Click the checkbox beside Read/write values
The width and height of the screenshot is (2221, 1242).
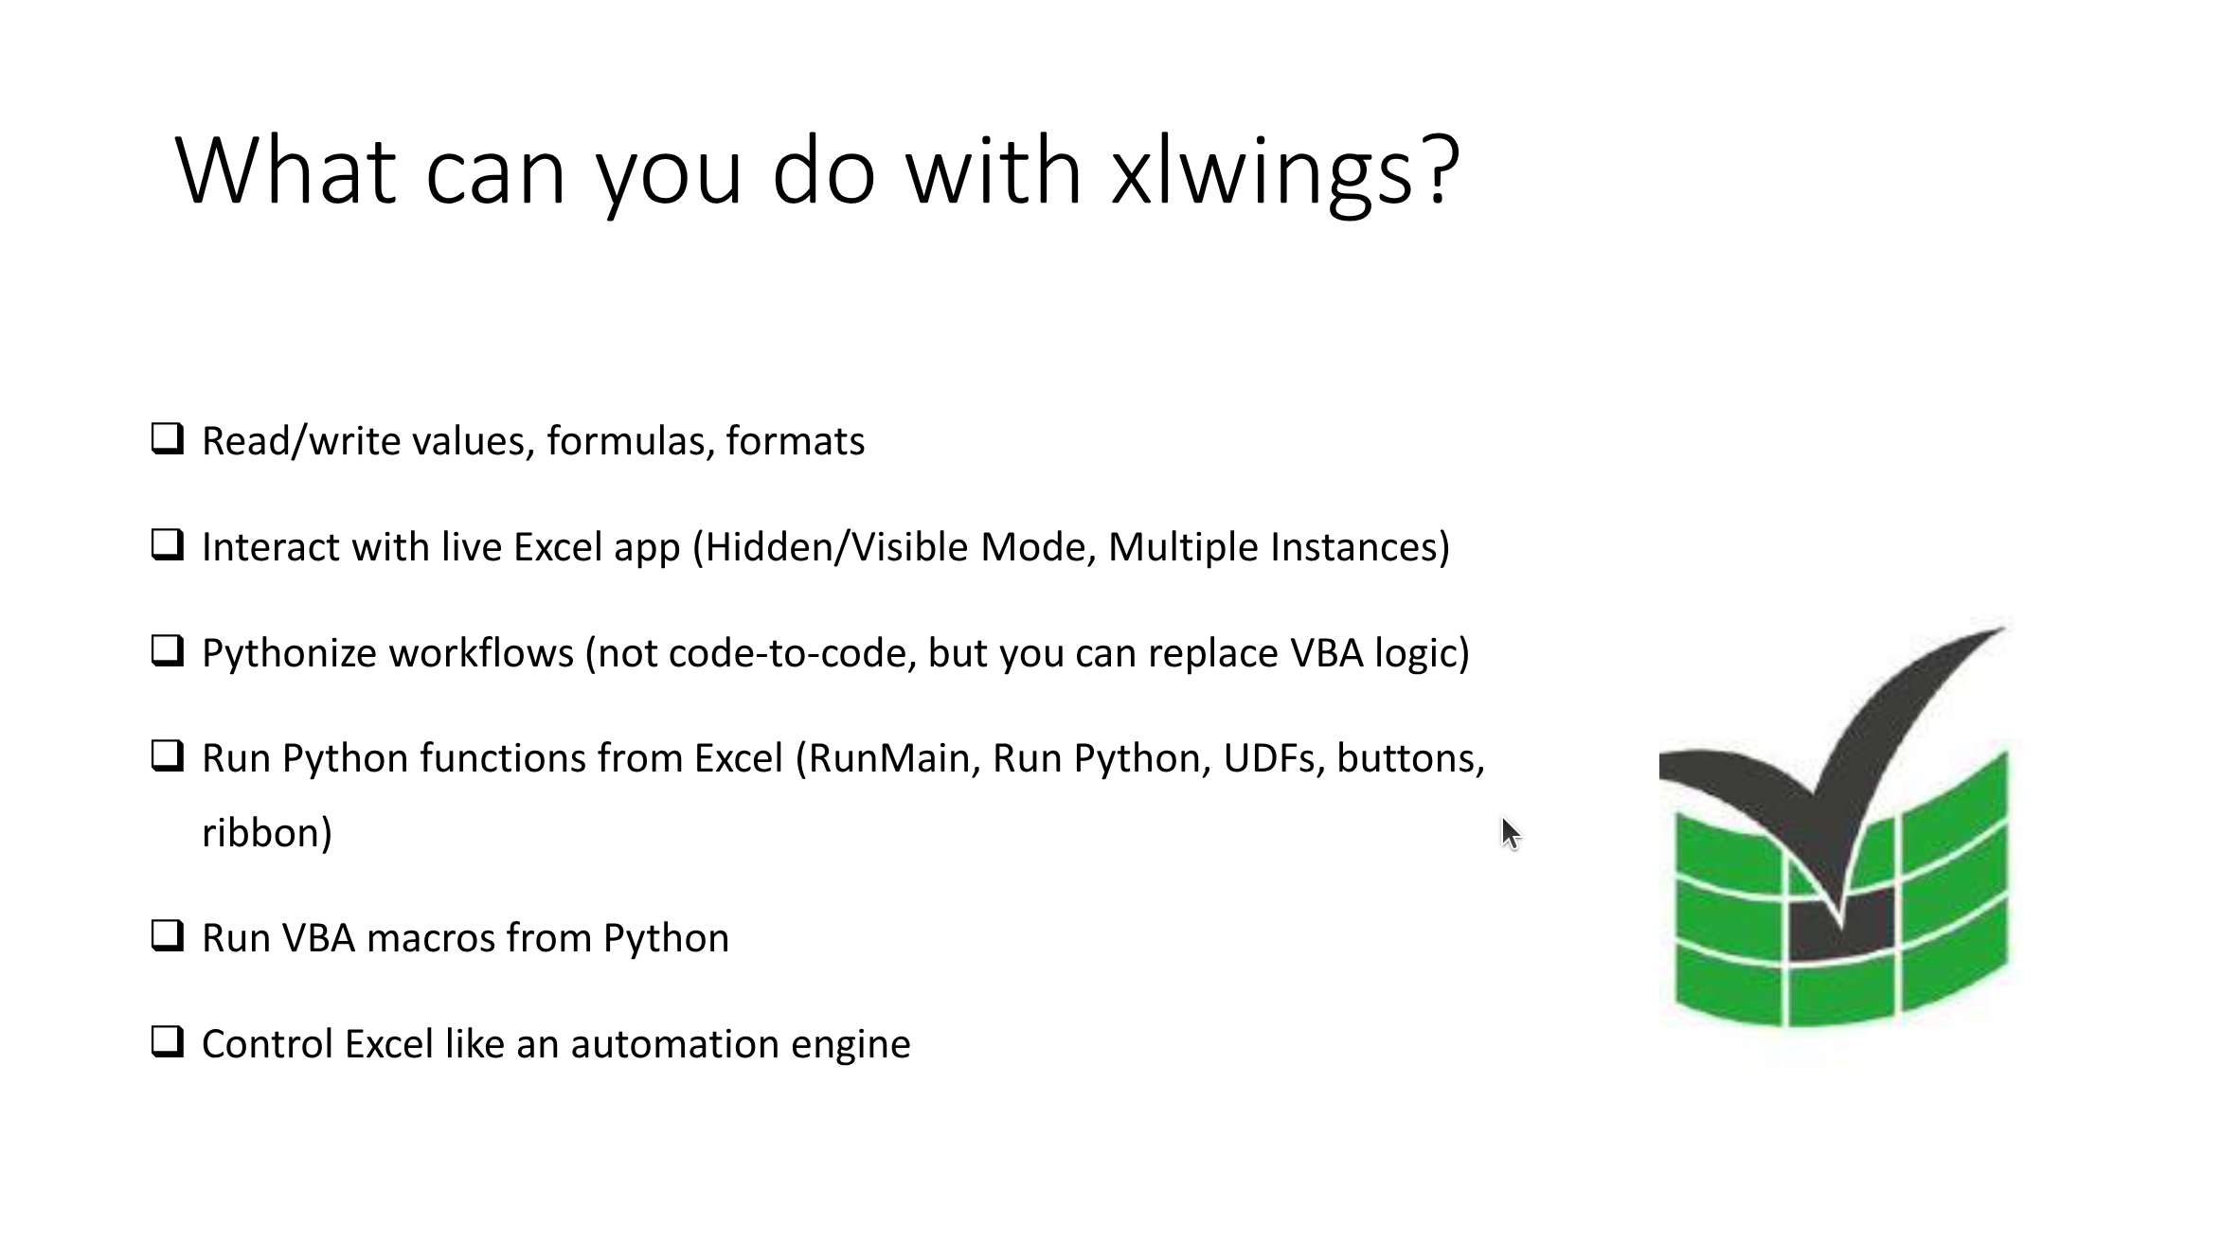pyautogui.click(x=168, y=438)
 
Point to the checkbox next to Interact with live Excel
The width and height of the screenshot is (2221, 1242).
pyautogui.click(x=168, y=544)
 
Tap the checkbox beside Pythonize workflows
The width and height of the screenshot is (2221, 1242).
pyautogui.click(x=168, y=650)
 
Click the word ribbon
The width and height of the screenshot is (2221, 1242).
pyautogui.click(x=261, y=833)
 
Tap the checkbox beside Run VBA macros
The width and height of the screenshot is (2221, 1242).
pyautogui.click(x=168, y=935)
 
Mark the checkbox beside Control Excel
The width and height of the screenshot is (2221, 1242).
pyautogui.click(x=168, y=1041)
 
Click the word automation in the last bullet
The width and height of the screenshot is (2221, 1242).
pyautogui.click(x=675, y=1044)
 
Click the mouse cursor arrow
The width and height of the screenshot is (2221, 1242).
pyautogui.click(x=1510, y=834)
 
